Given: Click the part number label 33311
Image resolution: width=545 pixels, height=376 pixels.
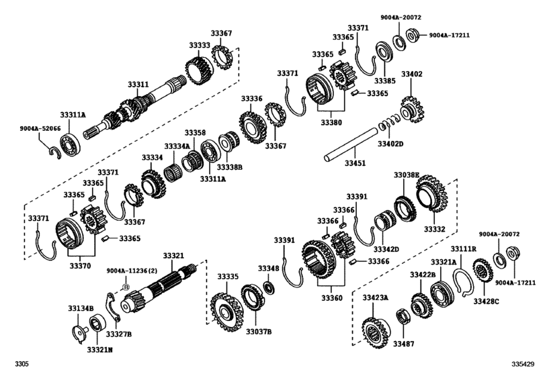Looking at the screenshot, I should pos(138,85).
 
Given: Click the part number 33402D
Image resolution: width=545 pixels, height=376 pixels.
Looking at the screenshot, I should pos(390,144).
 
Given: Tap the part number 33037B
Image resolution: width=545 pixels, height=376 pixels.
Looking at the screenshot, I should pos(258,331).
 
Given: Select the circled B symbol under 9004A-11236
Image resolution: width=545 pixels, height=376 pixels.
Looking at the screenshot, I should pos(124,287).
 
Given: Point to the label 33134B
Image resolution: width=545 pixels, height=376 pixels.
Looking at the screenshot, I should pos(80,308).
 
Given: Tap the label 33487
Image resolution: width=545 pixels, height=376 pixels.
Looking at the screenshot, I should pos(405,344).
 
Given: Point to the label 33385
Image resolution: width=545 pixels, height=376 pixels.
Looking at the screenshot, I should pos(385,81).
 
